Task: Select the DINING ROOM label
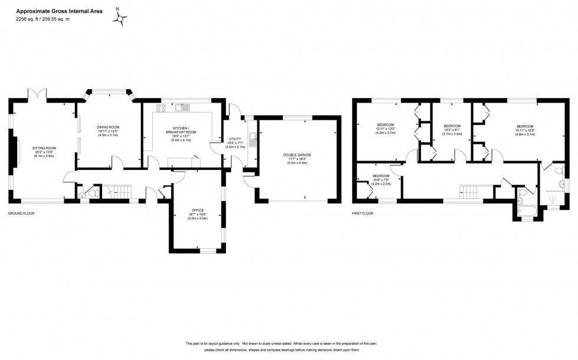[109, 130]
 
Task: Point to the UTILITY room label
[235, 142]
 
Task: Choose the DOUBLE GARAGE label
[297, 157]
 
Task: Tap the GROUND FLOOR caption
[21, 212]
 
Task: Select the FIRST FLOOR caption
[364, 212]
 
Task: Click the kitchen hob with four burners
[161, 107]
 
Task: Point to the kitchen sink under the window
[182, 107]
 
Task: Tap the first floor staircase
[468, 191]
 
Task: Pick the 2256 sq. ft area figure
[27, 19]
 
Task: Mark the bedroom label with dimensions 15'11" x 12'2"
[524, 129]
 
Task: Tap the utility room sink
[252, 139]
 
